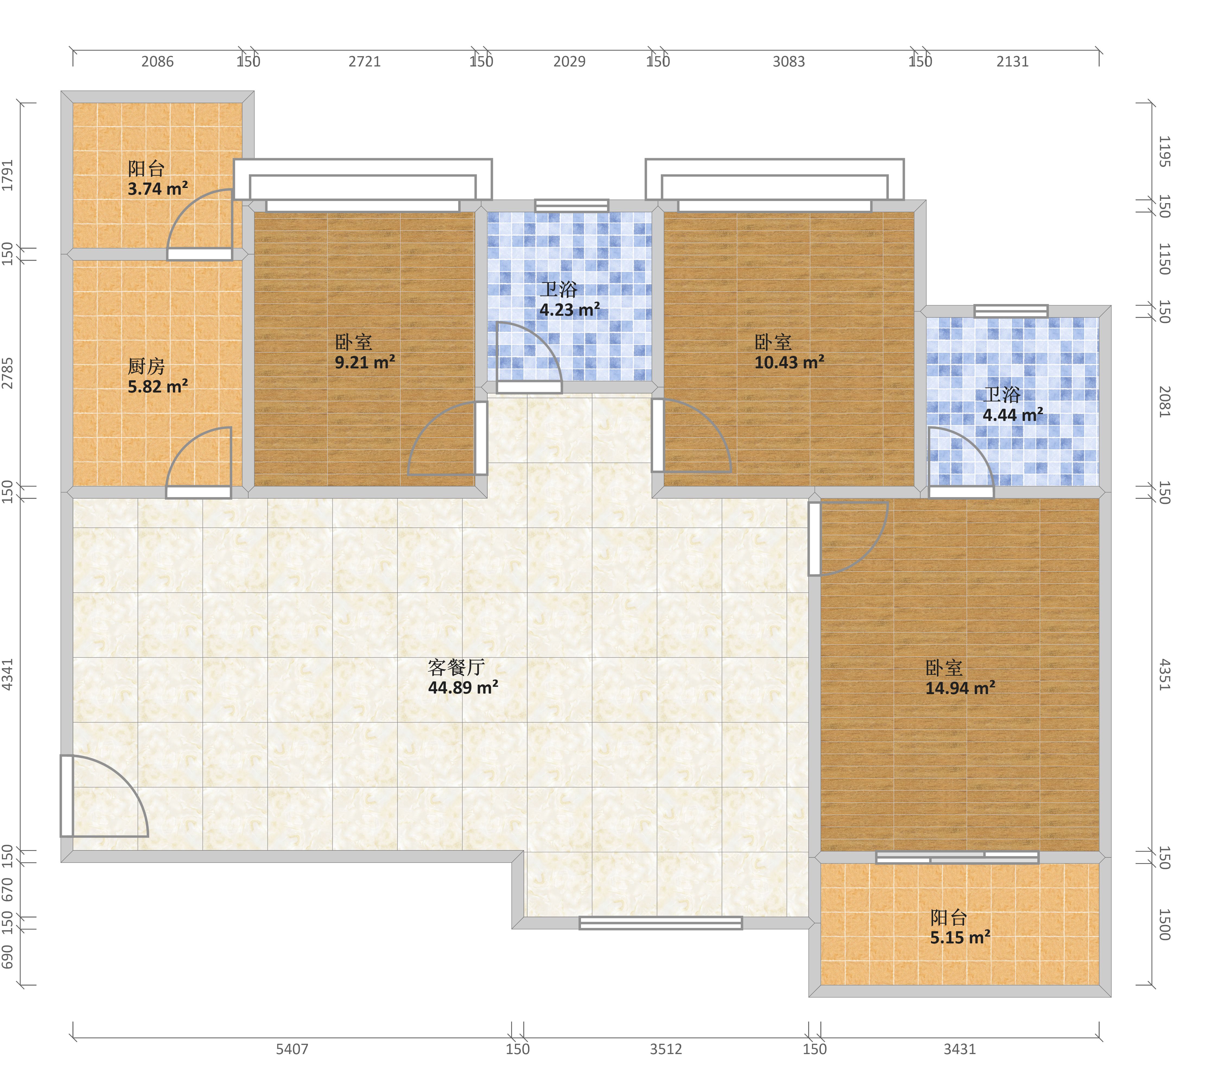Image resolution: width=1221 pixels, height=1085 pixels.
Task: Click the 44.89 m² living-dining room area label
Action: pos(463,688)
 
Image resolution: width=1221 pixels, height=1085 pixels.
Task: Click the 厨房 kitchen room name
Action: pos(146,366)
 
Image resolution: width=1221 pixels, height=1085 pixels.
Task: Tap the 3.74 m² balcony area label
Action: pos(158,189)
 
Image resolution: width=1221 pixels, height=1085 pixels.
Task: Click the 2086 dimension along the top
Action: pos(158,62)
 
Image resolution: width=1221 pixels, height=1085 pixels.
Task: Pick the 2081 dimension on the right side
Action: pos(1164,401)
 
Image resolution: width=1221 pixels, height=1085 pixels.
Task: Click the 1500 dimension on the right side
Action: pos(1164,924)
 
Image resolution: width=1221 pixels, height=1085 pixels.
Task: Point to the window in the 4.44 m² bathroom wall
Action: pos(1011,311)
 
